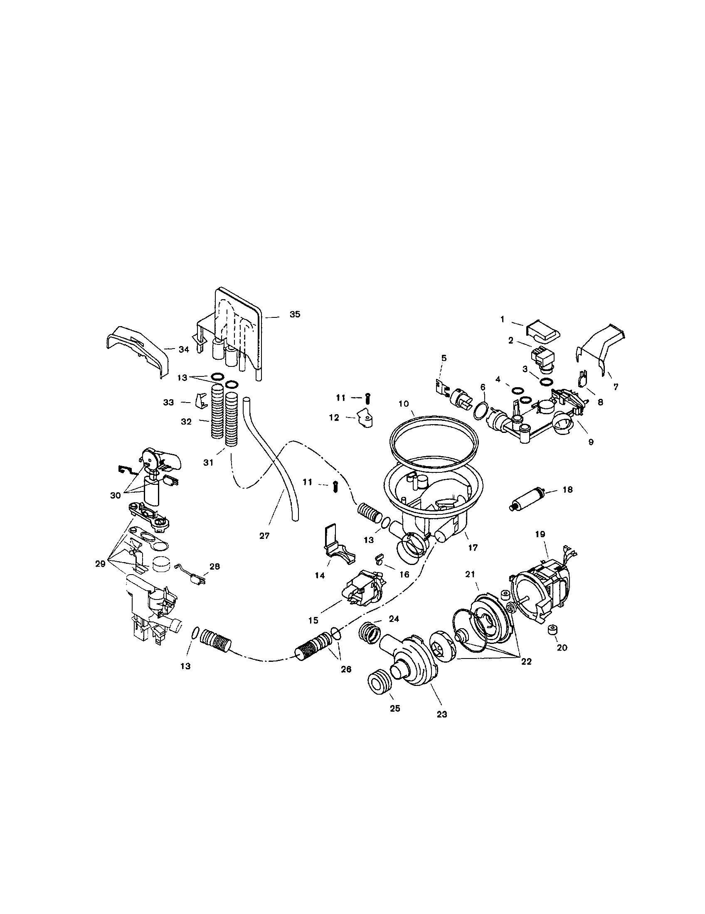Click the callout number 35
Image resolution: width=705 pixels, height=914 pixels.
(x=295, y=314)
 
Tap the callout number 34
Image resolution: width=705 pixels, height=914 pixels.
(x=184, y=349)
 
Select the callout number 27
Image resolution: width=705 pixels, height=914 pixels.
(x=264, y=535)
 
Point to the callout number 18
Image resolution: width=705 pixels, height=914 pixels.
(x=567, y=490)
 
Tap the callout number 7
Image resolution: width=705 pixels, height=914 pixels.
(x=616, y=387)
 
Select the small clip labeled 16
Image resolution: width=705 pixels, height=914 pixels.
(x=379, y=558)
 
